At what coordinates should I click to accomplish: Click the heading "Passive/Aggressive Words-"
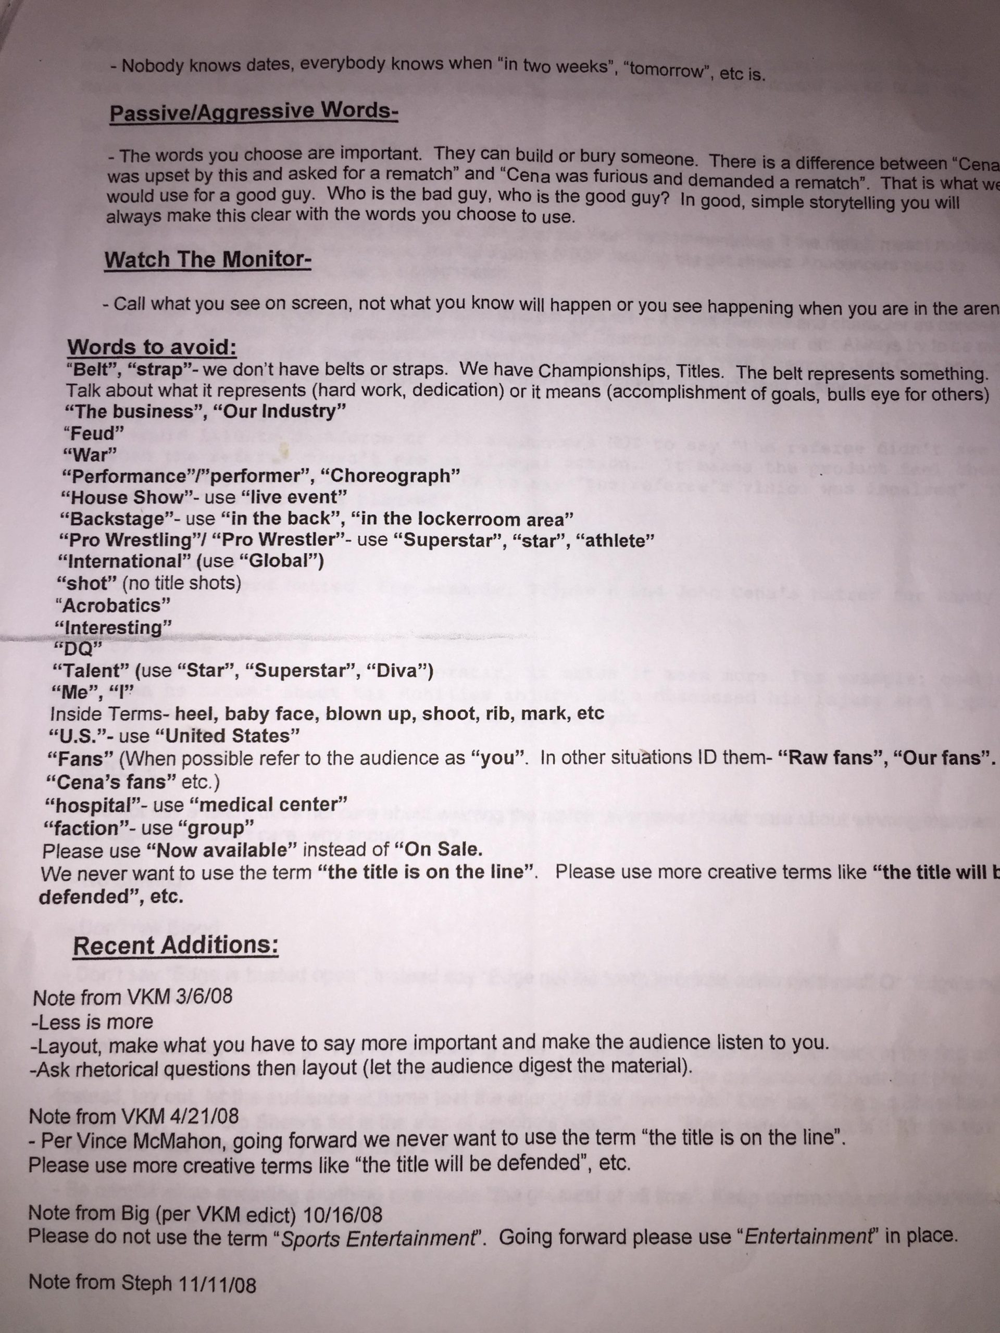[253, 112]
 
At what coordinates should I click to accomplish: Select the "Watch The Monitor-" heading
[207, 260]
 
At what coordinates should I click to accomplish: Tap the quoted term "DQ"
[78, 649]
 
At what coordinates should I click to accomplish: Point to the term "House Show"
[127, 498]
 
